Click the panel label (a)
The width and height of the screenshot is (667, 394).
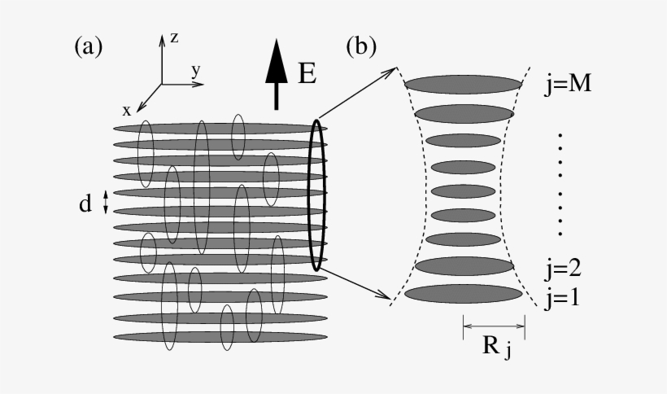[89, 47]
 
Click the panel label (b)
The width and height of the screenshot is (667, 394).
[361, 47]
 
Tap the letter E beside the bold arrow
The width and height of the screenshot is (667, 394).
[307, 75]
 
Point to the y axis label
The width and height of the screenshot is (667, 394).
[195, 71]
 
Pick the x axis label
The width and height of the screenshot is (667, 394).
[127, 110]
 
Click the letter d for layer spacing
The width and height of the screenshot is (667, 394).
[85, 204]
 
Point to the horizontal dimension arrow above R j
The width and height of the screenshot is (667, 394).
[494, 328]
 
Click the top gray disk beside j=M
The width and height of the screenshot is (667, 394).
[463, 84]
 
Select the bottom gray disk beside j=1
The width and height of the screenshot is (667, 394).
[463, 294]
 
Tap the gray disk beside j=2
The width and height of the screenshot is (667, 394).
[464, 265]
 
